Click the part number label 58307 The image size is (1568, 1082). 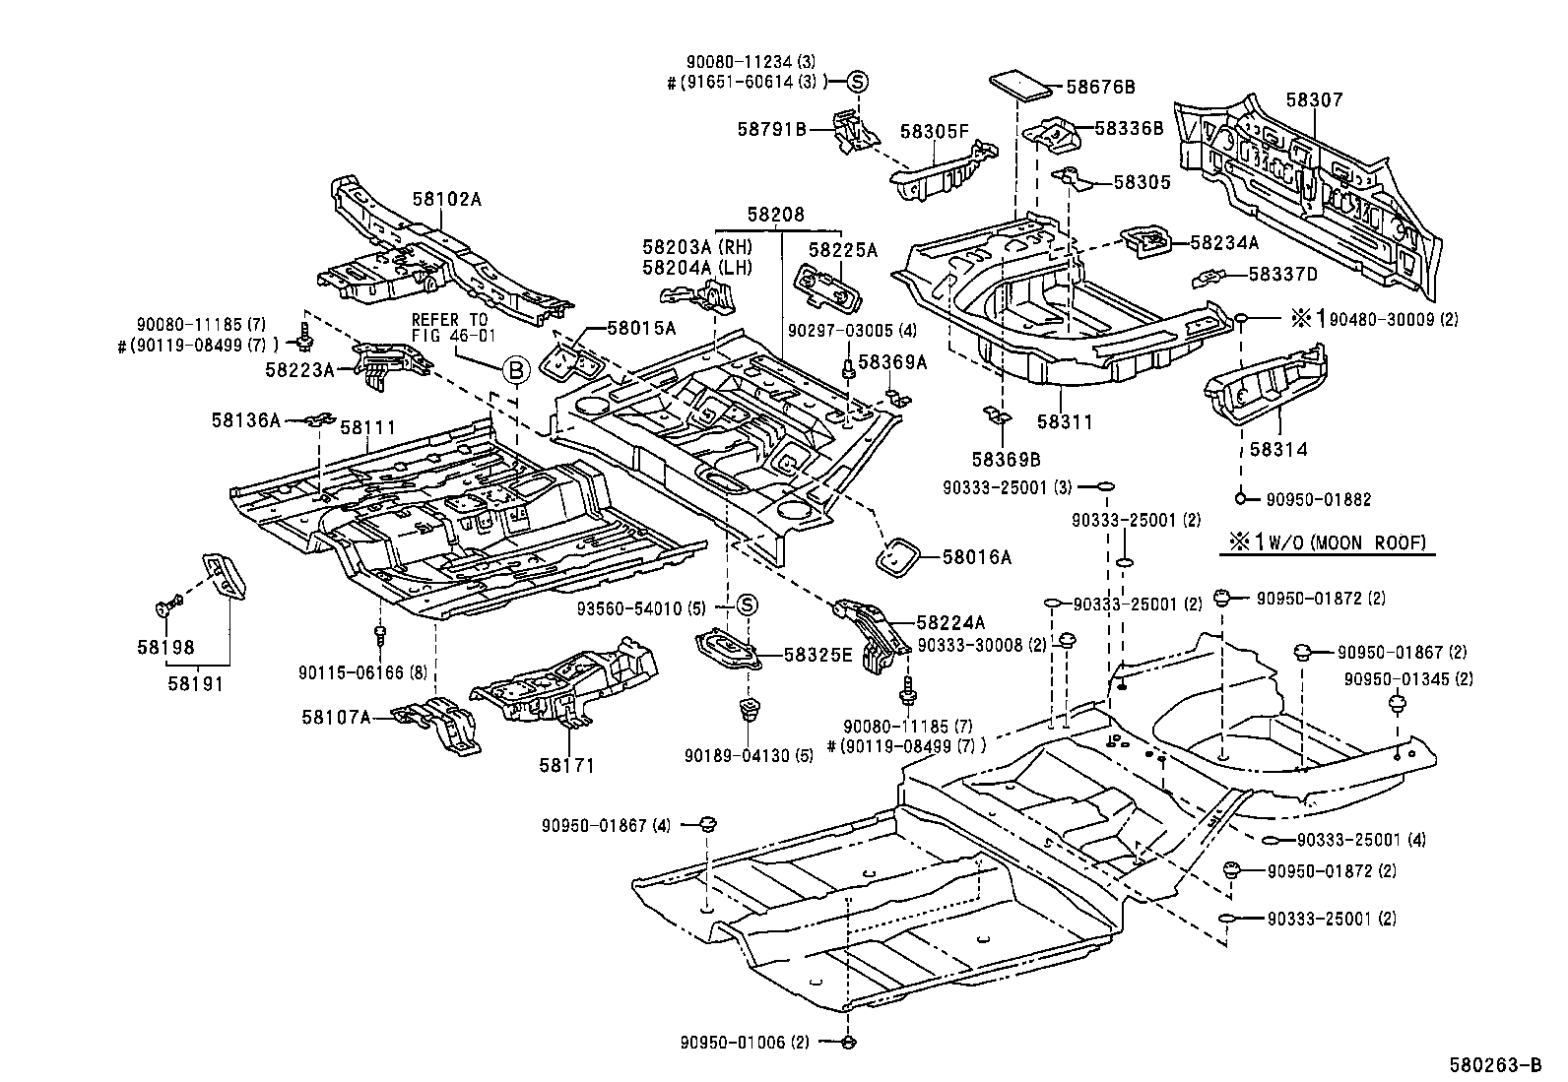point(1314,100)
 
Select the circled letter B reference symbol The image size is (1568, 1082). point(516,371)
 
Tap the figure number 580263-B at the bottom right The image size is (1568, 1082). point(1494,1064)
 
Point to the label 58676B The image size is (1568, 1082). point(1100,88)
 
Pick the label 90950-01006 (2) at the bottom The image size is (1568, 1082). point(743,1042)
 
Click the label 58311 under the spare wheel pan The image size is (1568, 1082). point(1065,421)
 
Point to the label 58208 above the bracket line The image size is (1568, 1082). point(775,214)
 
